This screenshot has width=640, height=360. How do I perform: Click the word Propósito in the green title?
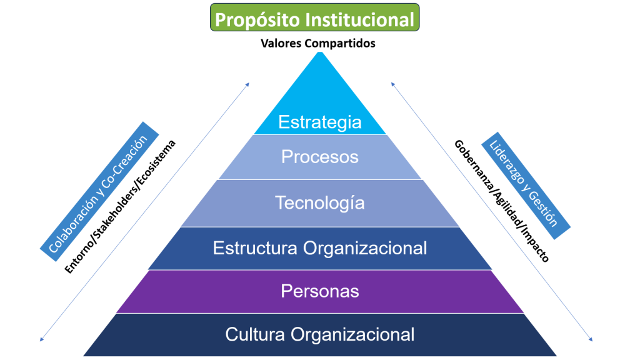(x=257, y=20)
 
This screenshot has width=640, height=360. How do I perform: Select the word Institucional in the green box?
(x=360, y=19)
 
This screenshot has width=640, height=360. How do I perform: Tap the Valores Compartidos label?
(x=318, y=43)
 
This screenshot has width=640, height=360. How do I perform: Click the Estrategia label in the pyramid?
(x=320, y=122)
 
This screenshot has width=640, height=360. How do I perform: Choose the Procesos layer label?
(x=320, y=157)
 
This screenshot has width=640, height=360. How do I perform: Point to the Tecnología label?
(x=320, y=203)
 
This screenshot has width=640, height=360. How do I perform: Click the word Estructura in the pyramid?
(x=255, y=248)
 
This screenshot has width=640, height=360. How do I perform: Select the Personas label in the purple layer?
(x=320, y=291)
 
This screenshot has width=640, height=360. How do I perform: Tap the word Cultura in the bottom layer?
(x=255, y=334)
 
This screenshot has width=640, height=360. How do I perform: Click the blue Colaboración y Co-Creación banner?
(x=99, y=191)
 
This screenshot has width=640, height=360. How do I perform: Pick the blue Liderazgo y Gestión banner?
(x=526, y=185)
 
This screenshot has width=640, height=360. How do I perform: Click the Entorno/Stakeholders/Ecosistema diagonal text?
(x=120, y=206)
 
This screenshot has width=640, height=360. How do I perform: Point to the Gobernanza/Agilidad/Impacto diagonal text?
(x=502, y=201)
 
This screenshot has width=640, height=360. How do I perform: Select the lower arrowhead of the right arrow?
(x=591, y=339)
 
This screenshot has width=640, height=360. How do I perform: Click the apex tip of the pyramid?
(x=320, y=52)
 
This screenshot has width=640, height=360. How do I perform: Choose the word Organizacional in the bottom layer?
(x=352, y=334)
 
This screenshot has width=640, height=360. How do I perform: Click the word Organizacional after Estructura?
(x=365, y=248)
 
